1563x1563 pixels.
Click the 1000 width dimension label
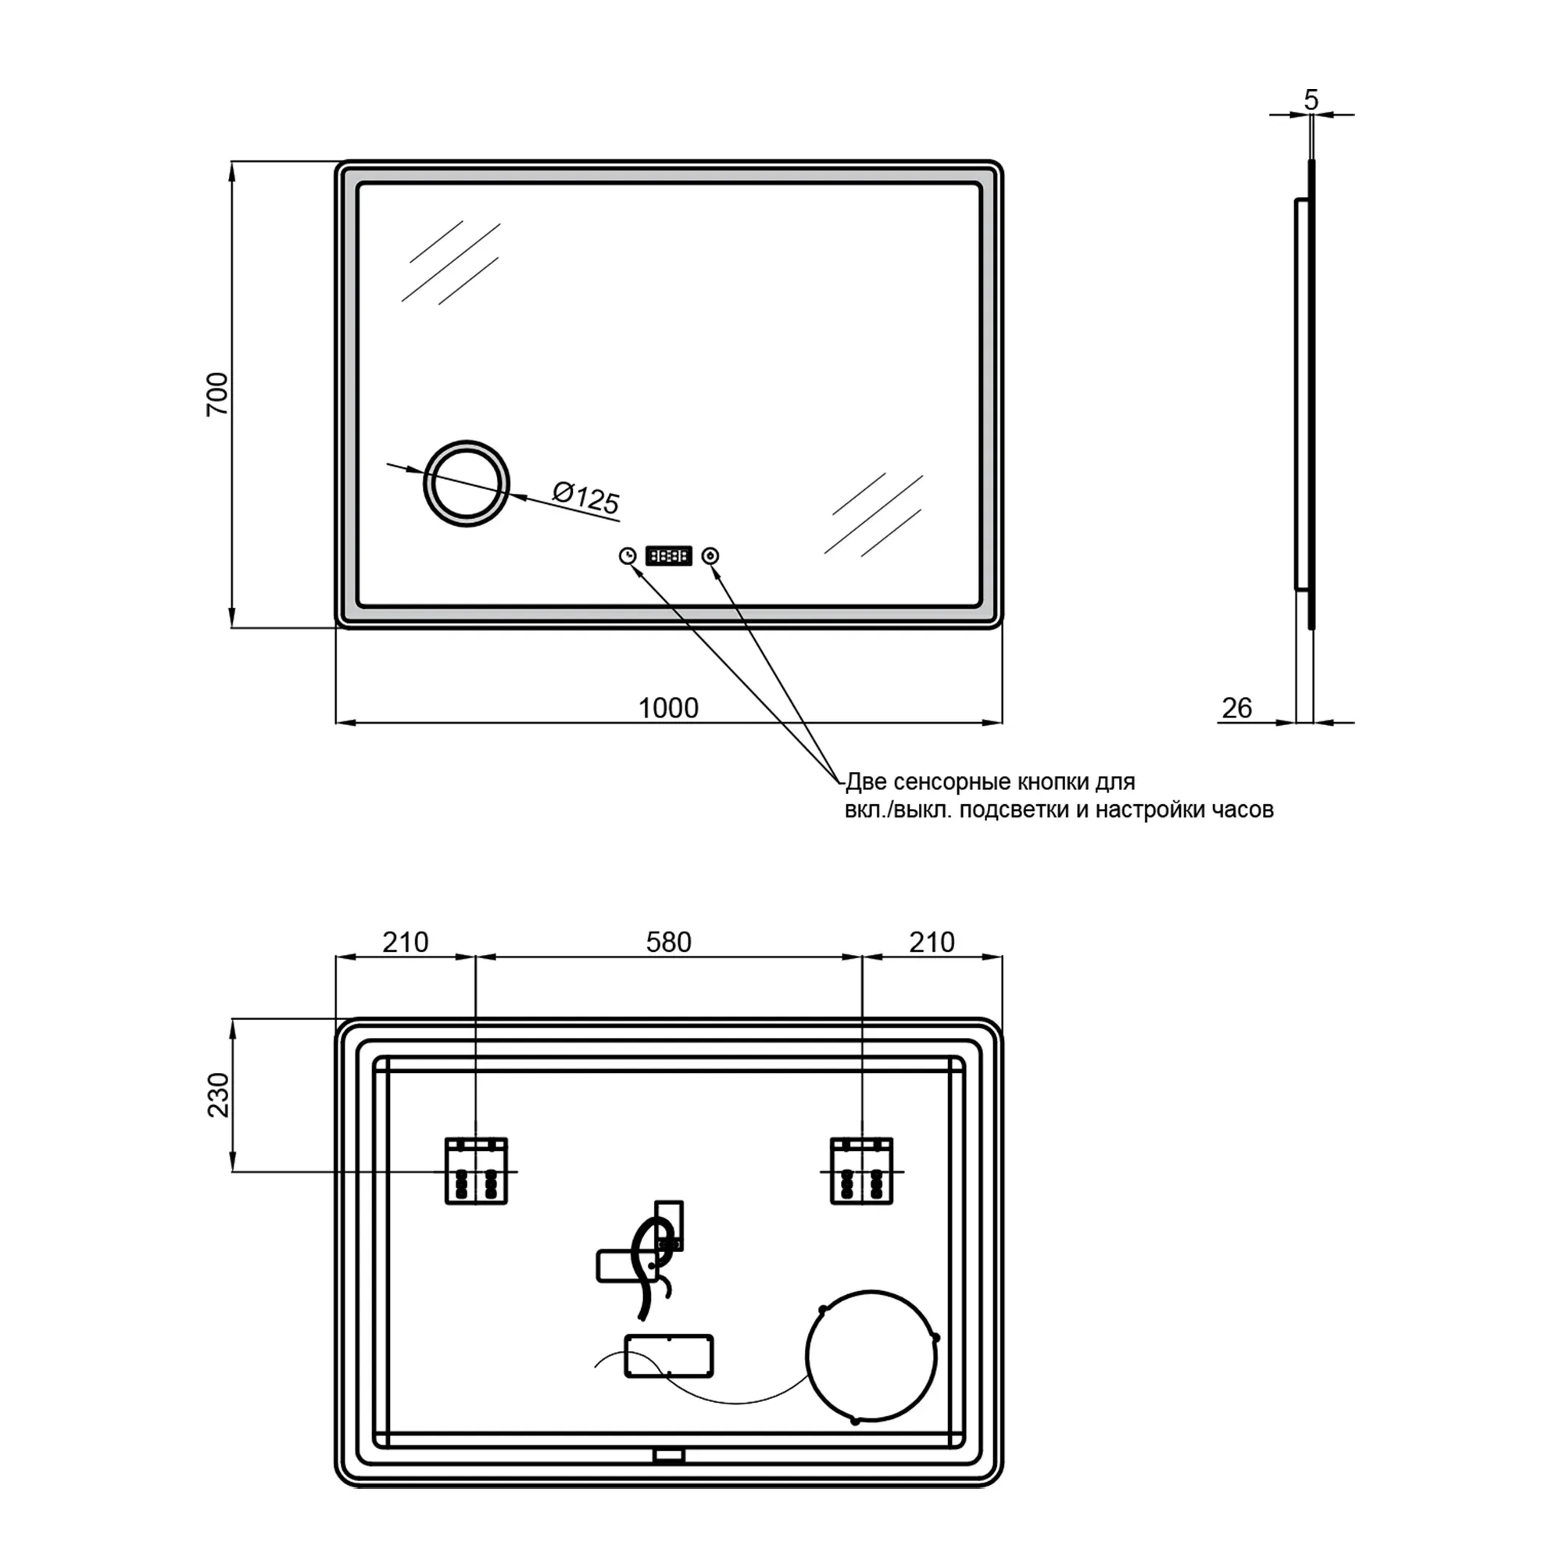click(668, 708)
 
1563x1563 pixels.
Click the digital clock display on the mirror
click(669, 556)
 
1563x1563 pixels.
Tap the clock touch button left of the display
click(628, 556)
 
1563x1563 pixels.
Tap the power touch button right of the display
click(711, 556)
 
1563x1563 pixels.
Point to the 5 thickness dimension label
click(1311, 99)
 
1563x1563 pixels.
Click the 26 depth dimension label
click(1237, 708)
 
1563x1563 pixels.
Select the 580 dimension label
click(669, 942)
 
